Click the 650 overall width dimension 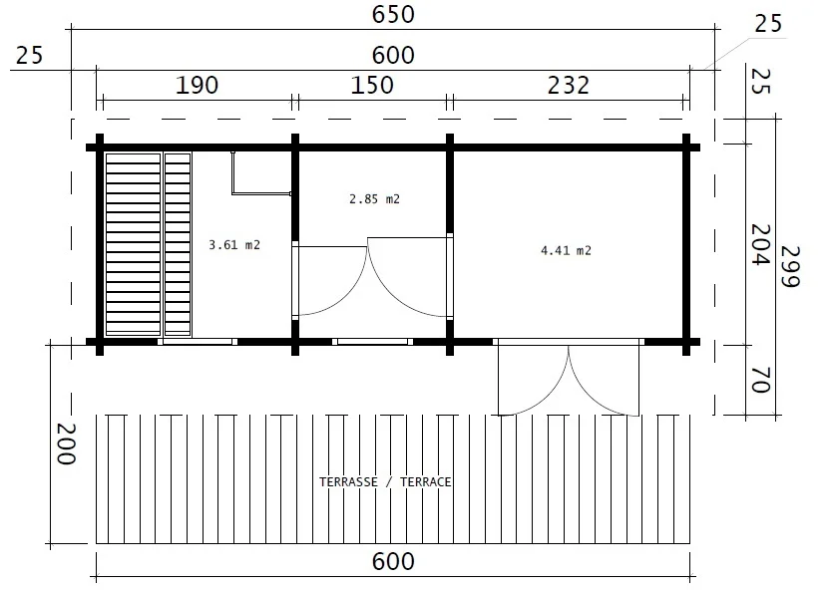coord(393,14)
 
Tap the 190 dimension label coord(197,86)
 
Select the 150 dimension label coord(372,86)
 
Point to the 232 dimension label coord(569,86)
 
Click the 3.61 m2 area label coord(234,245)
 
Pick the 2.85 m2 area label coord(374,199)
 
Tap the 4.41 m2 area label coord(566,250)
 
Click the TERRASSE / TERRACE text coord(385,481)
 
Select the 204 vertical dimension coord(760,244)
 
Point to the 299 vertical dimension coord(789,267)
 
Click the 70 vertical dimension coord(760,380)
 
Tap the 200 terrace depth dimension coord(66,443)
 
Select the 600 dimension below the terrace coord(393,562)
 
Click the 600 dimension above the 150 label coord(393,55)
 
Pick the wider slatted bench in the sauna coord(134,244)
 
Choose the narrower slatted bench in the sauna coord(178,244)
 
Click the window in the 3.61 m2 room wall coord(198,342)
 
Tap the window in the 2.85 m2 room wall coord(372,342)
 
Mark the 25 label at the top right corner coord(768,24)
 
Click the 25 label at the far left coord(29,56)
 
